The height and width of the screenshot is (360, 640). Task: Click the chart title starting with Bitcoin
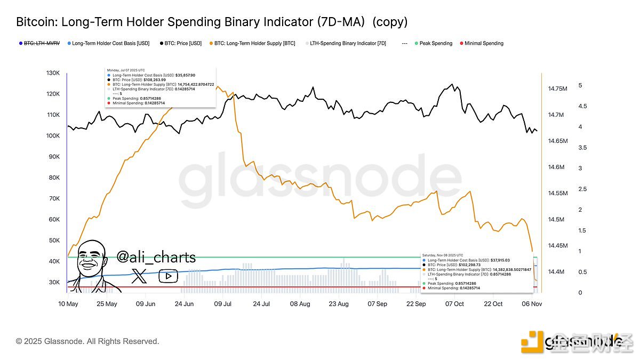pyautogui.click(x=211, y=22)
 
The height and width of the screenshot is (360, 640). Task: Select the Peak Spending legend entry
pyautogui.click(x=435, y=43)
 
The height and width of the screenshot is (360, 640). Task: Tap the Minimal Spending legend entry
pyautogui.click(x=483, y=43)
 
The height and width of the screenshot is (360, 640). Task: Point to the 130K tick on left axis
pyautogui.click(x=53, y=73)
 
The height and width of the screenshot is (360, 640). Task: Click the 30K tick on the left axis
pyautogui.click(x=54, y=282)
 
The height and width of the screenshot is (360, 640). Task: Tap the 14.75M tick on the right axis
pyautogui.click(x=558, y=89)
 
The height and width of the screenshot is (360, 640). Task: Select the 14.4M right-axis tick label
pyautogui.click(x=556, y=272)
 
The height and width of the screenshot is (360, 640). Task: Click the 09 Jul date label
pyautogui.click(x=223, y=304)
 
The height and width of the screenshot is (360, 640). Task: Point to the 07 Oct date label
pyautogui.click(x=454, y=304)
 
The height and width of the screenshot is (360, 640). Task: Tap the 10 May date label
pyautogui.click(x=68, y=304)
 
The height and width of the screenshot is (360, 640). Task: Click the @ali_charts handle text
pyautogui.click(x=156, y=258)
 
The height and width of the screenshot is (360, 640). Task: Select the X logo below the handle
pyautogui.click(x=139, y=276)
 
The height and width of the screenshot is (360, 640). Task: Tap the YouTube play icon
pyautogui.click(x=168, y=276)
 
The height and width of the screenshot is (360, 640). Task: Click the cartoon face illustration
pyautogui.click(x=94, y=267)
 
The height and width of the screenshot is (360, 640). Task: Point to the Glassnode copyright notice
pyautogui.click(x=87, y=341)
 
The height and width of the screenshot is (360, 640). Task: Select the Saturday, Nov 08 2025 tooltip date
pyautogui.click(x=443, y=255)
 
